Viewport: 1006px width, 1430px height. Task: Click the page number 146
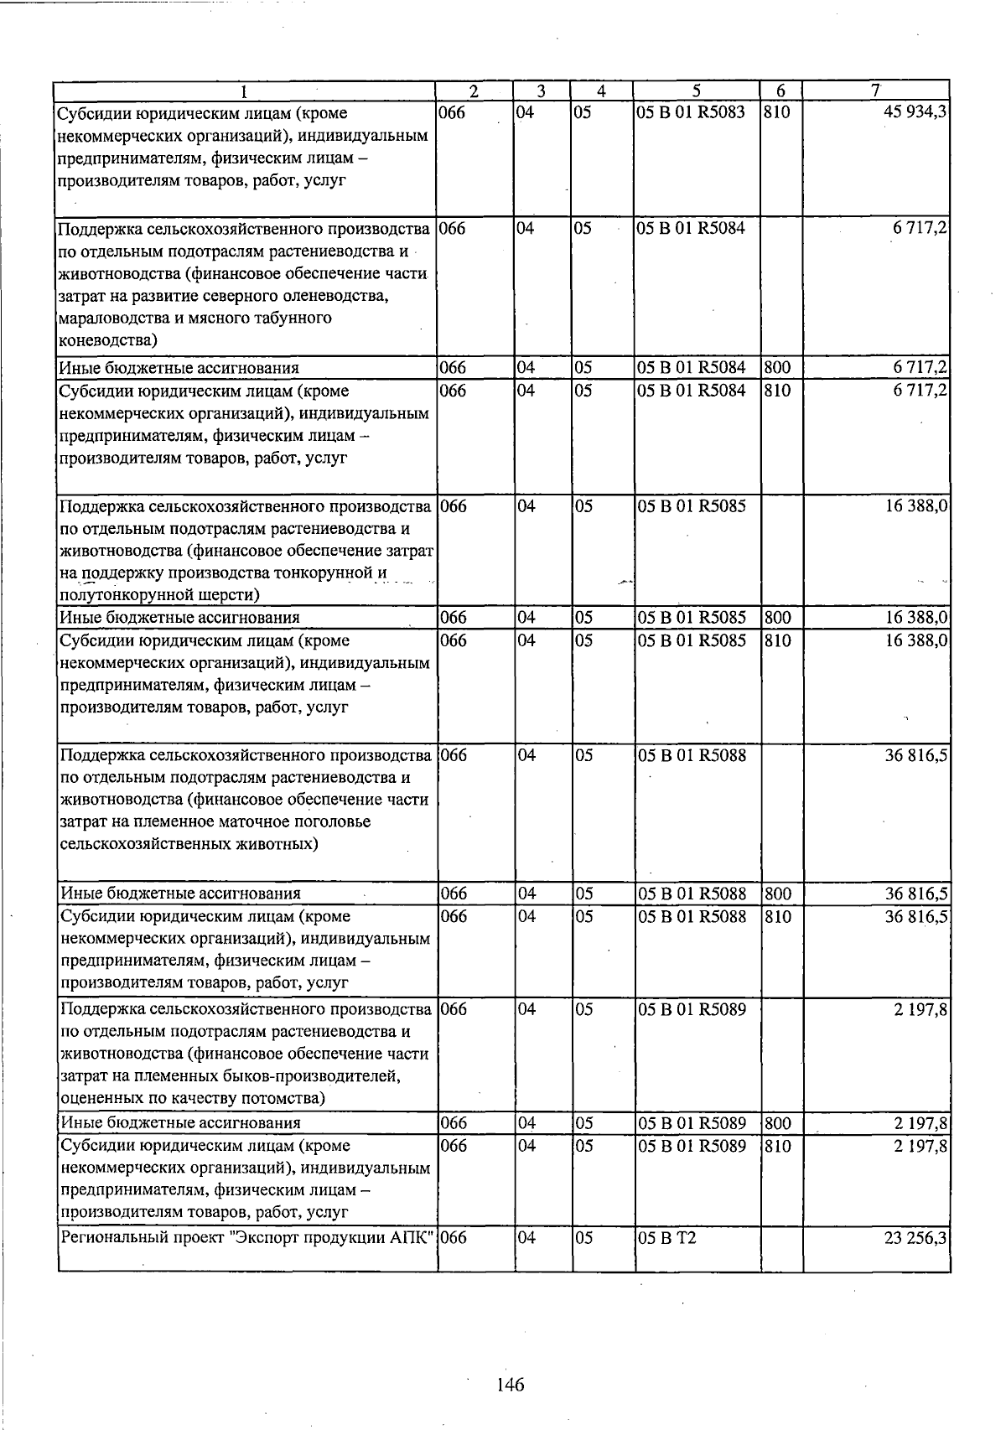[x=510, y=1385]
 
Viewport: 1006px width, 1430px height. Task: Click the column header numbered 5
[x=697, y=91]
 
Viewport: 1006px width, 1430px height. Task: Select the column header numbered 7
[x=875, y=91]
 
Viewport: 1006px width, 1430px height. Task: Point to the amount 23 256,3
[x=915, y=1237]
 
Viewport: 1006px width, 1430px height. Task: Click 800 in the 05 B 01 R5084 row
[x=777, y=367]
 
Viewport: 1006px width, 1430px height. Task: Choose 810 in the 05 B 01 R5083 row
[x=777, y=112]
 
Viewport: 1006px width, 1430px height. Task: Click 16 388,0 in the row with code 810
[x=916, y=640]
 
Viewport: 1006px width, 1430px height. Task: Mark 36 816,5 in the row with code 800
[x=916, y=894]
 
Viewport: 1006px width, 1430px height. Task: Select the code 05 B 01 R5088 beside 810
[x=692, y=916]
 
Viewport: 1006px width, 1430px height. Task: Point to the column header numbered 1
[x=244, y=91]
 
